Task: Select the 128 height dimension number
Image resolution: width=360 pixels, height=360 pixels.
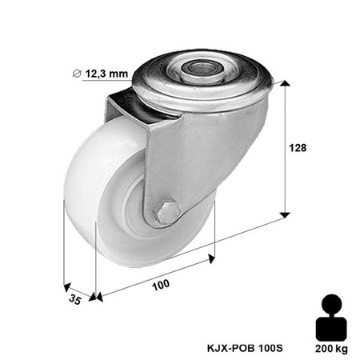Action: [x=297, y=148]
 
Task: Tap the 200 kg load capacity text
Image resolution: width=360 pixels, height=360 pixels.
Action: [x=330, y=349]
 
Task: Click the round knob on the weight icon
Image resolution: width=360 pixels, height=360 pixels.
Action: [x=330, y=304]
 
